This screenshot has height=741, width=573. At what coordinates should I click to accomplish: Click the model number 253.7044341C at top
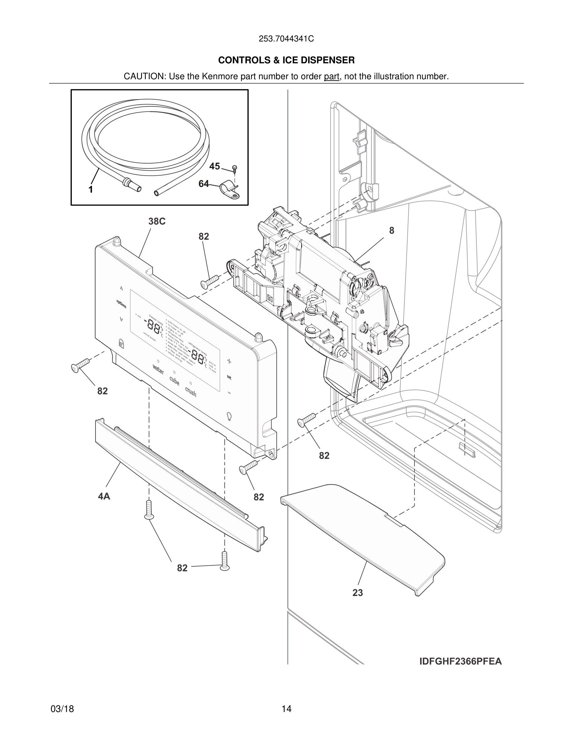[286, 39]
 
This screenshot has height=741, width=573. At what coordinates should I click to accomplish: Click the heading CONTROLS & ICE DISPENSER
[286, 61]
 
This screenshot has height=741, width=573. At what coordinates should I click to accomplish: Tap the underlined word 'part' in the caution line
[331, 77]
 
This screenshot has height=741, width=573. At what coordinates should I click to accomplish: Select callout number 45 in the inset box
[214, 166]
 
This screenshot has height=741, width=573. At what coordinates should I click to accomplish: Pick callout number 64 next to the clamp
[204, 184]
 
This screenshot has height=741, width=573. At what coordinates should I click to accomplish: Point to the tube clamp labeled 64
[229, 191]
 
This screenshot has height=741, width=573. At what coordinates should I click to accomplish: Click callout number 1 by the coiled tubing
[91, 190]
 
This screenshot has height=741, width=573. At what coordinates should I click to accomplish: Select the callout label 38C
[157, 221]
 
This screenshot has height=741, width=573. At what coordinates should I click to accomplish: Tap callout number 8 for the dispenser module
[392, 231]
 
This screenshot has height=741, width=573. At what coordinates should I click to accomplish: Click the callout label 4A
[104, 496]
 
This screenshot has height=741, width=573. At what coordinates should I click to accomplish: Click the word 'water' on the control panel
[158, 369]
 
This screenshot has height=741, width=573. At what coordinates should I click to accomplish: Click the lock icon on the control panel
[121, 343]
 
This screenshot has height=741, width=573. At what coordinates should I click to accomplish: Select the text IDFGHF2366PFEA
[460, 661]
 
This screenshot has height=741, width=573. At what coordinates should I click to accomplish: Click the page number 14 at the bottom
[286, 709]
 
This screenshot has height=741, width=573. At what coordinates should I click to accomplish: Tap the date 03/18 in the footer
[62, 709]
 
